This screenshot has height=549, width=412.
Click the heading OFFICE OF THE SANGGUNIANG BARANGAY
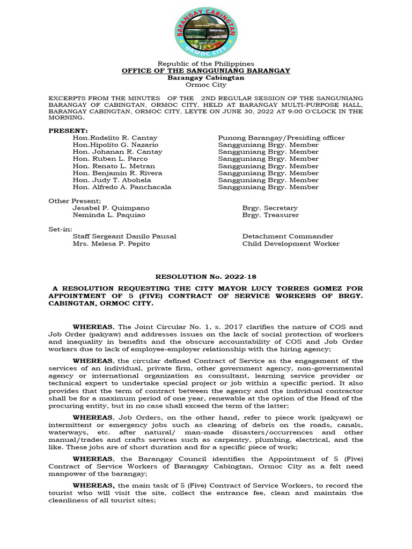tap(206, 71)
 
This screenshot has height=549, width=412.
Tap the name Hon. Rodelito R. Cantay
tap(115, 138)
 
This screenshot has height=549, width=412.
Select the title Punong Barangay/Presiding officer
tap(281, 138)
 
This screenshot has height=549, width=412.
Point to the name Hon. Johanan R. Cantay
tap(117, 152)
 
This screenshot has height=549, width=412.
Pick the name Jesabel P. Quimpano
tap(111, 208)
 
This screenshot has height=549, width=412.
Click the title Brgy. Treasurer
tap(270, 215)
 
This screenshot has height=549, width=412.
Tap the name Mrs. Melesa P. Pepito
tap(111, 243)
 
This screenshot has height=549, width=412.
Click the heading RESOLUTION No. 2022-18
tap(206, 277)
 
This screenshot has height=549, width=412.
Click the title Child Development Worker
tap(291, 243)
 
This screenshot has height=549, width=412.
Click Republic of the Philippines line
tap(206, 64)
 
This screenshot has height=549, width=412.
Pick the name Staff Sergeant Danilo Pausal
tap(124, 236)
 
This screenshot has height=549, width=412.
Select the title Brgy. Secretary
tap(270, 208)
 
